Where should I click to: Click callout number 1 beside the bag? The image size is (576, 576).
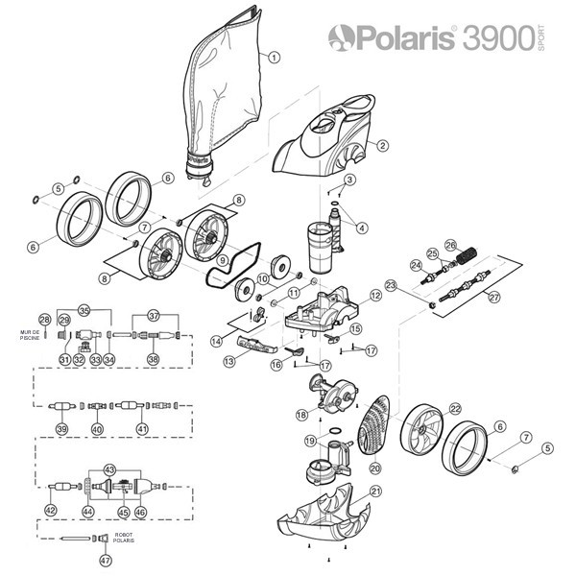coord(275,57)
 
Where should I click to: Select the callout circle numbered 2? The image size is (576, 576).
coord(382,146)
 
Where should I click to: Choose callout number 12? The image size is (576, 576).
coord(376,297)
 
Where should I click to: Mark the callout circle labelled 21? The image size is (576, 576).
coord(376,492)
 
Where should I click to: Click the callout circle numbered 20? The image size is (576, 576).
coord(375,468)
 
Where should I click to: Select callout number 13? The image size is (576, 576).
coord(229,361)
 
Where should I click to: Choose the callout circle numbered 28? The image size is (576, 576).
coord(44,319)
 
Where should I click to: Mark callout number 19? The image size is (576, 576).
coord(310,441)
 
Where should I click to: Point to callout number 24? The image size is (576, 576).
coord(416,265)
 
